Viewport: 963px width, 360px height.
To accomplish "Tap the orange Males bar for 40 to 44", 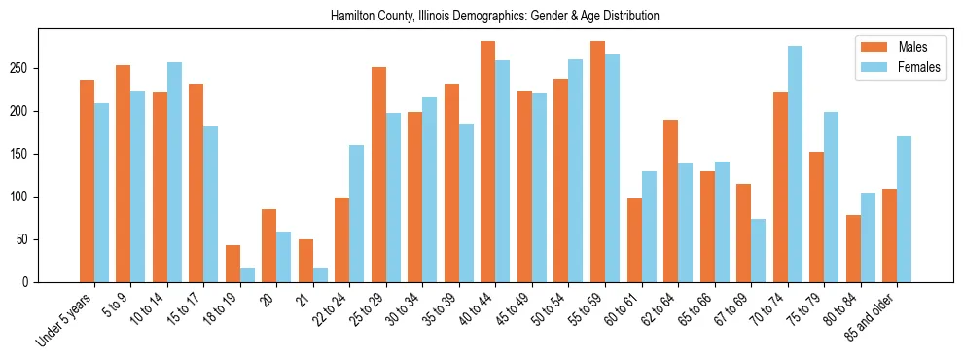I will (x=487, y=162).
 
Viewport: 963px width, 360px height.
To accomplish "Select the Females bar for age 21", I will (x=320, y=274).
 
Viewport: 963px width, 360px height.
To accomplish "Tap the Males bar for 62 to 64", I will (x=670, y=200).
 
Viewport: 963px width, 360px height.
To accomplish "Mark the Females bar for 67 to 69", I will (x=758, y=250).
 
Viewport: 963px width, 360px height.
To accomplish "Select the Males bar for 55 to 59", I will (x=597, y=162).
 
